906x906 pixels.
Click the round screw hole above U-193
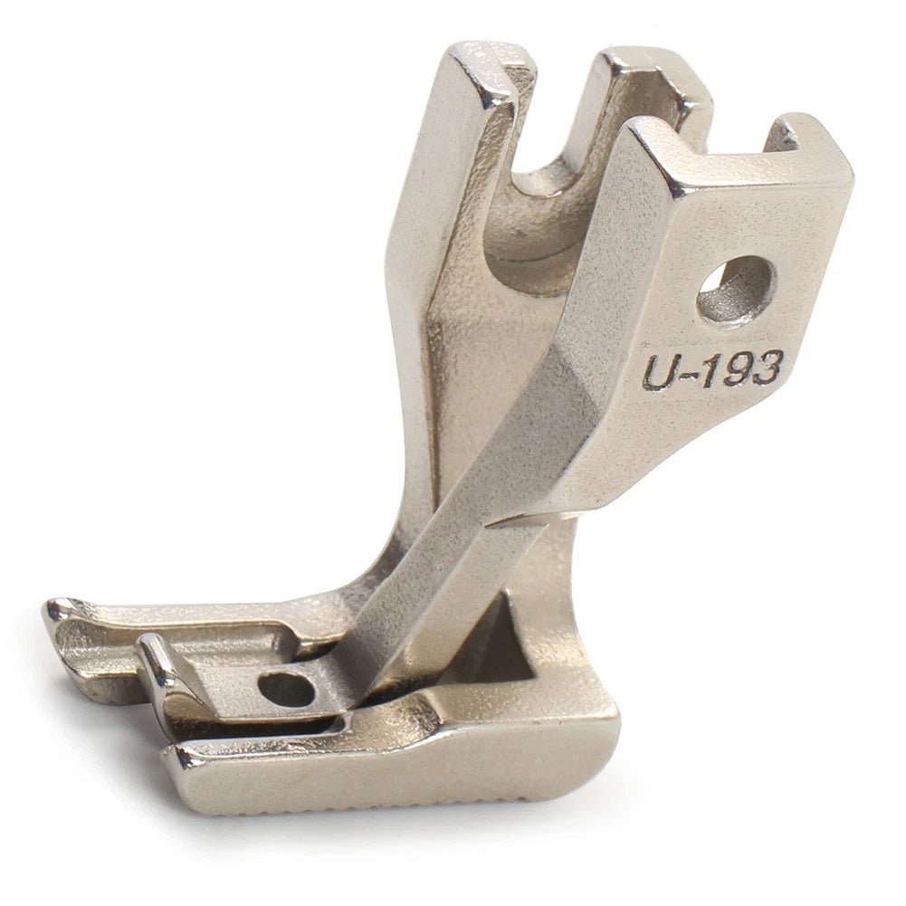735,285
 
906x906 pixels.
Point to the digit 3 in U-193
763,367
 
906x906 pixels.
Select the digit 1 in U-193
705,371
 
